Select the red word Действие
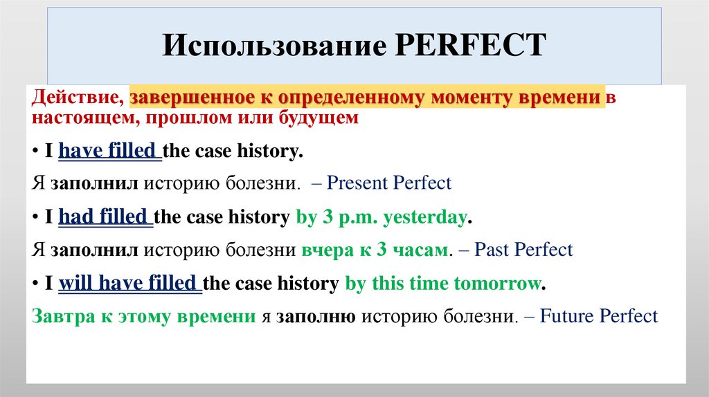pyautogui.click(x=77, y=98)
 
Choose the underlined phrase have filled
pyautogui.click(x=109, y=151)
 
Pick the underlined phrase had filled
pyautogui.click(x=105, y=217)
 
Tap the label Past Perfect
pyautogui.click(x=524, y=249)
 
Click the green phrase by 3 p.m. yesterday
pyautogui.click(x=381, y=217)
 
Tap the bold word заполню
pyautogui.click(x=316, y=316)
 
